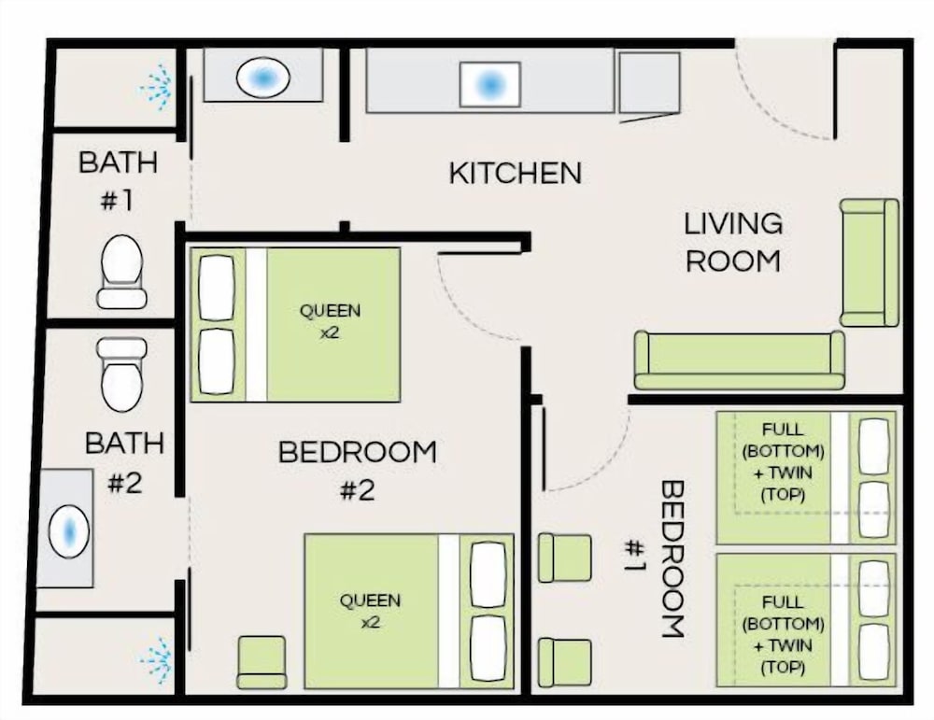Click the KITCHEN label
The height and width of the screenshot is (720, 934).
(515, 173)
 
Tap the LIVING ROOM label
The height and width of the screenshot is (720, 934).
(732, 243)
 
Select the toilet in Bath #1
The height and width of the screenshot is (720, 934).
(122, 272)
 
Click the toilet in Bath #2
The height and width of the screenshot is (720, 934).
(121, 375)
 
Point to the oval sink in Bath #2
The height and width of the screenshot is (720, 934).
(68, 531)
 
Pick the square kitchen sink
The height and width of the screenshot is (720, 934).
(490, 85)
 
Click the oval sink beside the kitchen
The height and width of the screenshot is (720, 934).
(262, 78)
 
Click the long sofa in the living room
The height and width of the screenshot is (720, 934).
(739, 360)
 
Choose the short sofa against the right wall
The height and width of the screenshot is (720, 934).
(869, 262)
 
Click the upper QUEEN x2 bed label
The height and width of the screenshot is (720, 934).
(330, 321)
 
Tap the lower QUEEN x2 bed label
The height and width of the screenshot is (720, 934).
(370, 611)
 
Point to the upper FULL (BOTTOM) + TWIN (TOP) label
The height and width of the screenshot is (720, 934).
(784, 462)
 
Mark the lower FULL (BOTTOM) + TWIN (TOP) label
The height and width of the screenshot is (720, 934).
(784, 635)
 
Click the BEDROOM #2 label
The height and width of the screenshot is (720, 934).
(358, 471)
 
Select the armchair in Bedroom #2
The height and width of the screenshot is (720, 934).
(262, 662)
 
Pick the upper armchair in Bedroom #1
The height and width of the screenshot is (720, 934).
(565, 558)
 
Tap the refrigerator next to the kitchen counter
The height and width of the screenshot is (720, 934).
(649, 83)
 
